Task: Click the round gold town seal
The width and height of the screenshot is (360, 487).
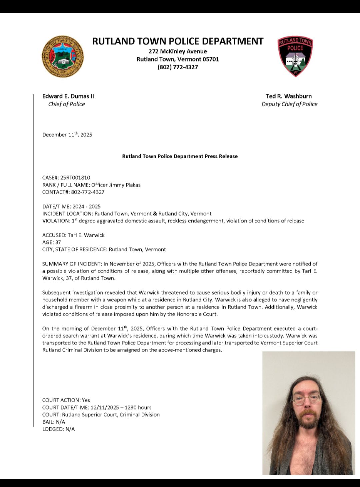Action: click(62, 57)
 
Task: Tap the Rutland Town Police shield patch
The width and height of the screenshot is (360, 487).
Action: click(295, 56)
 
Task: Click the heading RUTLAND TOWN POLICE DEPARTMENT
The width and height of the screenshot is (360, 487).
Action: click(178, 41)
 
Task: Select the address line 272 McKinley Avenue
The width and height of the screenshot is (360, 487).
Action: click(178, 51)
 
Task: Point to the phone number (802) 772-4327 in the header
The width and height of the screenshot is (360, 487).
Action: click(178, 67)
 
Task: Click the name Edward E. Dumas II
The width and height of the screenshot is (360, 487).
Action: click(68, 96)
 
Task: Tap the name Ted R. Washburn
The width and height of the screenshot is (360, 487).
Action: click(289, 96)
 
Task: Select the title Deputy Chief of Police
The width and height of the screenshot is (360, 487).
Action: click(289, 104)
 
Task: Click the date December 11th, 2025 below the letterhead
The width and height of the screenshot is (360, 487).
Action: click(67, 135)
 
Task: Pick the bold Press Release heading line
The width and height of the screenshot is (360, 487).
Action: click(180, 156)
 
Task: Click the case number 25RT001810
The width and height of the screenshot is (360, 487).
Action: click(75, 178)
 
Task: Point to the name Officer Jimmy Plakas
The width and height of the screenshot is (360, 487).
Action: click(116, 185)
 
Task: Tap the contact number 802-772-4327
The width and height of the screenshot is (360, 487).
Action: click(88, 192)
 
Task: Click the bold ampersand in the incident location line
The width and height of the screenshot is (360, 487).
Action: click(155, 214)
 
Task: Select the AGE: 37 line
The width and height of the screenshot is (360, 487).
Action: click(52, 242)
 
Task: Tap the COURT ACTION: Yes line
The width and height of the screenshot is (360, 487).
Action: click(66, 400)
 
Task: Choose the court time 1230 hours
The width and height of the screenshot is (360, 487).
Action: click(138, 407)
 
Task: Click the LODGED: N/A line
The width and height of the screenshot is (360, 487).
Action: click(58, 429)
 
